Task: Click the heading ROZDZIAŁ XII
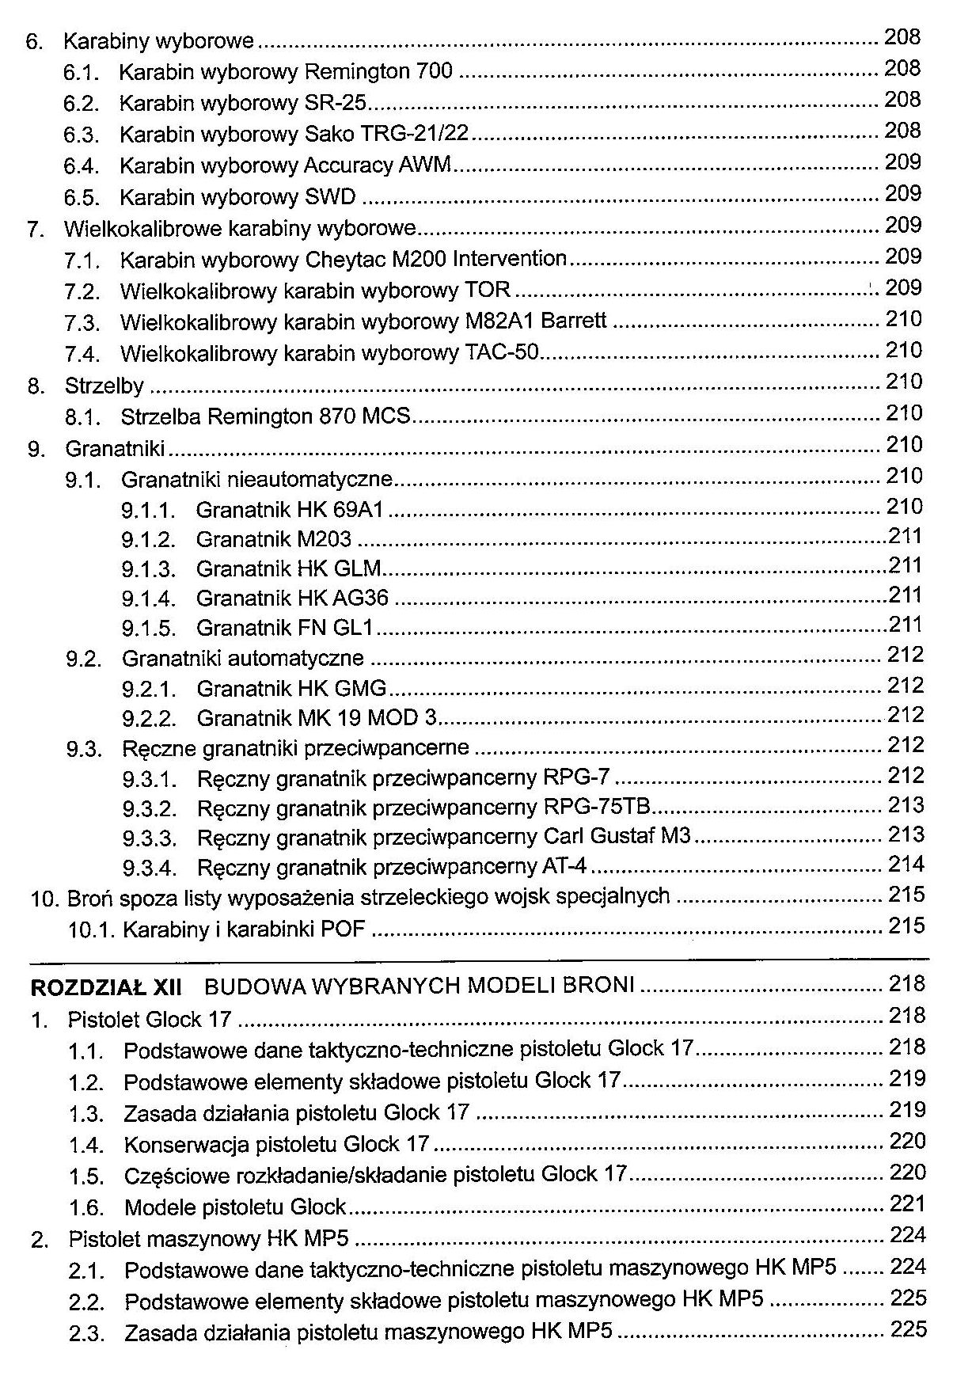105,987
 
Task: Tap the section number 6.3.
82,135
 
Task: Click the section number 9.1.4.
148,599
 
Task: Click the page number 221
907,1204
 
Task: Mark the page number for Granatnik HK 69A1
904,507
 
